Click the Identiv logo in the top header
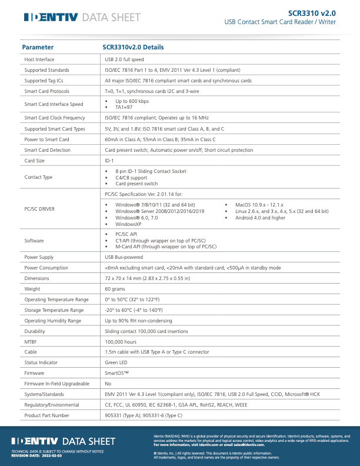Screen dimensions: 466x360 pos(51,18)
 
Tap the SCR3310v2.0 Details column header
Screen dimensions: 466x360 pos(133,47)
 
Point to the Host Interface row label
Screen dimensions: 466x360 pos(39,59)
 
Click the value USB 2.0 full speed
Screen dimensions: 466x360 pos(124,59)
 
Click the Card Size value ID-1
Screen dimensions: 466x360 pos(109,160)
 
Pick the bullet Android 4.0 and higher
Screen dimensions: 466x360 pos(260,218)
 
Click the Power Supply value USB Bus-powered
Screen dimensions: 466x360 pos(124,257)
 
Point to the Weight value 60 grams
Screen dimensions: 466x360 pos(115,289)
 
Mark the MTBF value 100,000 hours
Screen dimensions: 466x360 pos(121,341)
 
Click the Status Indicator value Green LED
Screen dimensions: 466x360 pos(116,362)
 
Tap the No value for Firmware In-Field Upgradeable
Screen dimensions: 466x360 pos(108,383)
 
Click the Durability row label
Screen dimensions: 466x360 pos(35,331)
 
